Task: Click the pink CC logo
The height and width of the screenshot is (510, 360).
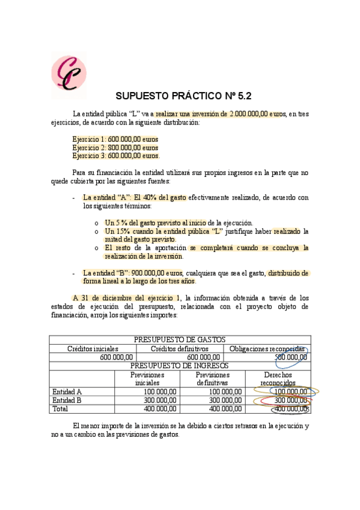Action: (x=68, y=71)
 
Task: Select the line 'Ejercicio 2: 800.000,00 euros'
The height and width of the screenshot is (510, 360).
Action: (x=115, y=147)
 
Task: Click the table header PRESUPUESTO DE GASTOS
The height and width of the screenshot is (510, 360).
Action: (x=180, y=340)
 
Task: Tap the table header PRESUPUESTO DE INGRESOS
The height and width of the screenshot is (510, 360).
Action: (x=180, y=366)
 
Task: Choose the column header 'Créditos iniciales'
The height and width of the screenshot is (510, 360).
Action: (x=93, y=348)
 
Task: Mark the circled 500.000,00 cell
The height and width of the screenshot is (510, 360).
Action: (x=291, y=357)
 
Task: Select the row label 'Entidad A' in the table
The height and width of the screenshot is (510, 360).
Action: (x=67, y=392)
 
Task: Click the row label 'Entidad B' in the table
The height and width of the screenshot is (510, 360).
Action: (x=67, y=400)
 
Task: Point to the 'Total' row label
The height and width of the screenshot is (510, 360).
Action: (x=61, y=408)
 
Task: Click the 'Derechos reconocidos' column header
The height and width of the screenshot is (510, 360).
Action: (x=278, y=378)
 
